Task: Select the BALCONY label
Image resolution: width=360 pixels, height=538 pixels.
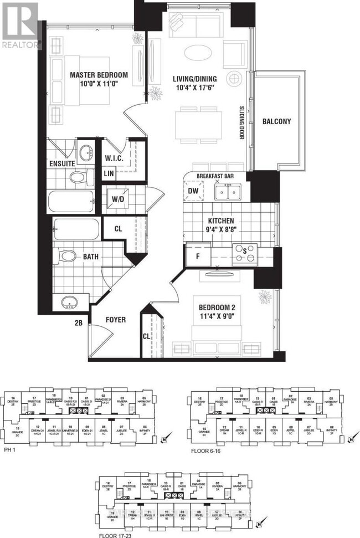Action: [276, 121]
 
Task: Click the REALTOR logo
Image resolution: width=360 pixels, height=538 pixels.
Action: [21, 25]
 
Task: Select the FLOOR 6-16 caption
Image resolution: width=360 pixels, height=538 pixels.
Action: [208, 450]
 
